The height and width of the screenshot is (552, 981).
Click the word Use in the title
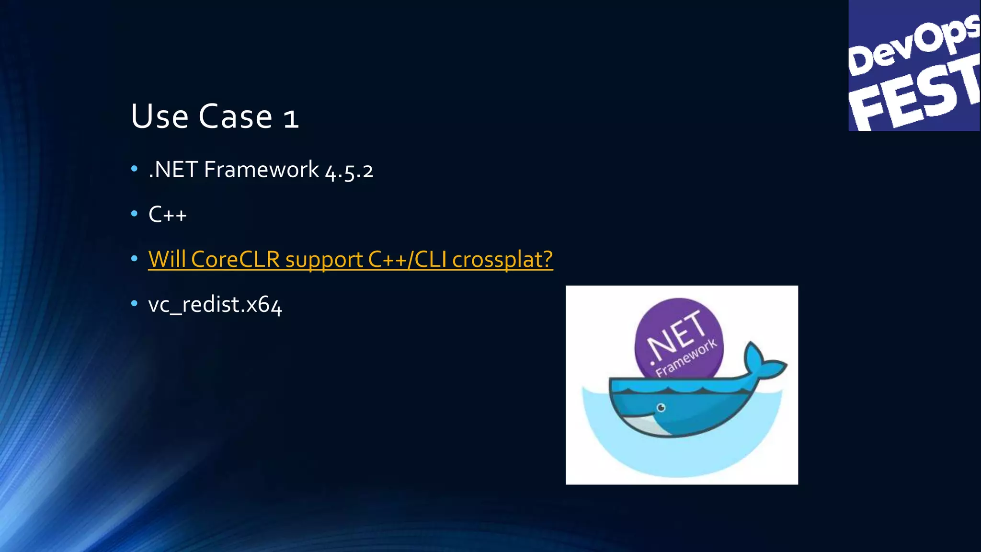tap(160, 116)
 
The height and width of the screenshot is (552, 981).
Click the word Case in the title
tap(235, 116)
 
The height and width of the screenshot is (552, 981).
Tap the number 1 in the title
tap(291, 118)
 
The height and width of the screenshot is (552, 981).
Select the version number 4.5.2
tap(349, 171)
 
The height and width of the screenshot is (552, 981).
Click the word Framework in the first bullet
tap(261, 170)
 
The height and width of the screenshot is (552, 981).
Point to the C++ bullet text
tap(167, 214)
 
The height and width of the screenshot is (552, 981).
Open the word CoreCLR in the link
tap(235, 259)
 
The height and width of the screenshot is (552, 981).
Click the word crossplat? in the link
tap(502, 260)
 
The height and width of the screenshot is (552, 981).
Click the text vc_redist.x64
tap(215, 305)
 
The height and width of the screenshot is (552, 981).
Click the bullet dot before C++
tap(134, 214)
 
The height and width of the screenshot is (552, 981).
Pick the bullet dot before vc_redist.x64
tap(134, 303)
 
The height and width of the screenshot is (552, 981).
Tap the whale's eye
tap(661, 408)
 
